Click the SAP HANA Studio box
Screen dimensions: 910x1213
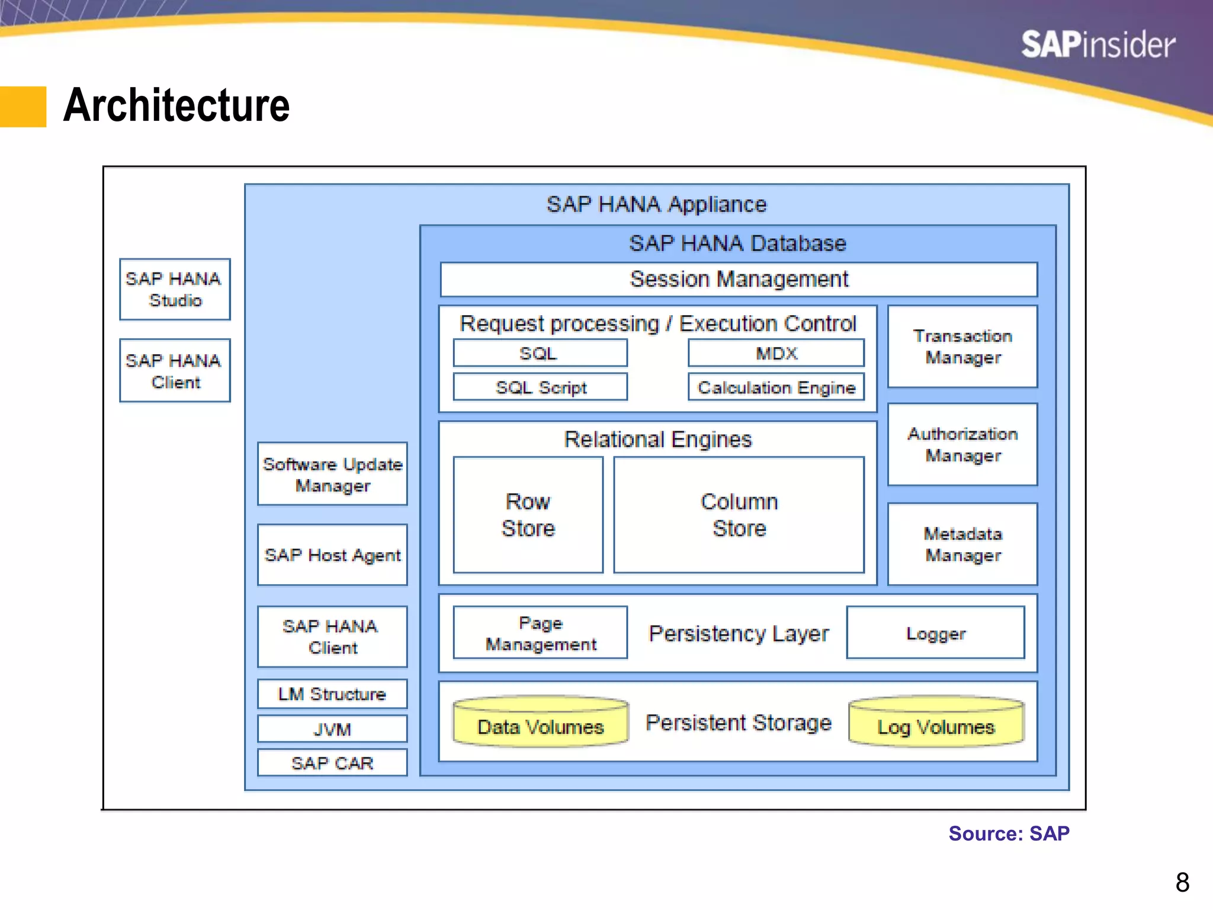(175, 290)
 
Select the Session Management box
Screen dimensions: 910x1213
(739, 280)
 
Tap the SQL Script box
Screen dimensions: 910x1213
(540, 387)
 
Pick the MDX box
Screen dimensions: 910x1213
(776, 354)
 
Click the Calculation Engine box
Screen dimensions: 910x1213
(776, 387)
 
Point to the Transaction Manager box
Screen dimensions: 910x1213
(962, 347)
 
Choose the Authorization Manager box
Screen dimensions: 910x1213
(962, 444)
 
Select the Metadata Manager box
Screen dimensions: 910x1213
(962, 544)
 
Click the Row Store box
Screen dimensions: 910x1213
(528, 515)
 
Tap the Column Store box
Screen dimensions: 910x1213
(739, 515)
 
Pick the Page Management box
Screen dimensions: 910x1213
(540, 633)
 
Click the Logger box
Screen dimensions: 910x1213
(935, 633)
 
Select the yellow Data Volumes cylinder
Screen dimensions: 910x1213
(540, 723)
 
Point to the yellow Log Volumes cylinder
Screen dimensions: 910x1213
(936, 723)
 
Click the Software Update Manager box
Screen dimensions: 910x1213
(332, 474)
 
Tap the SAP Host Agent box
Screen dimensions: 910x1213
(332, 555)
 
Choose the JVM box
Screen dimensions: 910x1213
(332, 729)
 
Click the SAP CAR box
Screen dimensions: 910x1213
(332, 763)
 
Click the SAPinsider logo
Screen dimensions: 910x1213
(1098, 45)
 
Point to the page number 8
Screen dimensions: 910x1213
(1182, 883)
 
